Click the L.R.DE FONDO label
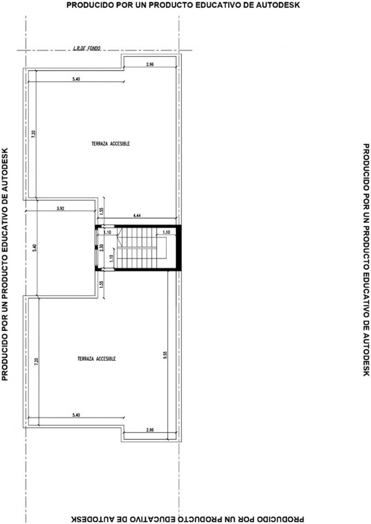pyautogui.click(x=87, y=48)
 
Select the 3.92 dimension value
pyautogui.click(x=61, y=208)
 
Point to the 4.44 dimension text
pyautogui.click(x=136, y=216)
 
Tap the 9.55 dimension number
pyautogui.click(x=165, y=355)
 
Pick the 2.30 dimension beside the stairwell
pyautogui.click(x=102, y=248)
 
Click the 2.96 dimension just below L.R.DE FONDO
pyautogui.click(x=150, y=65)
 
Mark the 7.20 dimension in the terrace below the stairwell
pyautogui.click(x=37, y=362)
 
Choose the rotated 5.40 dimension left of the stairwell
pyautogui.click(x=35, y=248)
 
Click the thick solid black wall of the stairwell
pyautogui.click(x=179, y=248)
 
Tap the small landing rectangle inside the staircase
pyautogui.click(x=162, y=248)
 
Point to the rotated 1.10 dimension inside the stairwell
pyautogui.click(x=112, y=258)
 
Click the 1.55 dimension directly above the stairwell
pyautogui.click(x=102, y=211)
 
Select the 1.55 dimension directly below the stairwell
pyautogui.click(x=102, y=284)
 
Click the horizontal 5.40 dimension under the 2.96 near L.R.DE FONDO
pyautogui.click(x=76, y=79)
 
